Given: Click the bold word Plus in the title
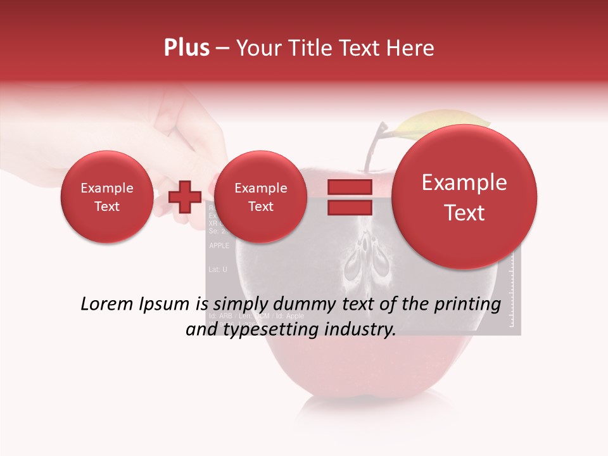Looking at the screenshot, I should [x=187, y=48].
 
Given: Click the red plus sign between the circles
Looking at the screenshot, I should [x=185, y=197].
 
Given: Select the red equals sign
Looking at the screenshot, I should [x=350, y=197].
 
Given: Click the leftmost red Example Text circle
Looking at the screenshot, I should [x=107, y=197].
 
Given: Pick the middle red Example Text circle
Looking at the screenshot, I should [x=260, y=197].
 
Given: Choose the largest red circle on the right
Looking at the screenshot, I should [x=464, y=197].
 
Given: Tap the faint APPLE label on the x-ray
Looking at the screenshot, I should [x=219, y=246].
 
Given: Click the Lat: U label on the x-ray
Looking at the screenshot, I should [x=217, y=269].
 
